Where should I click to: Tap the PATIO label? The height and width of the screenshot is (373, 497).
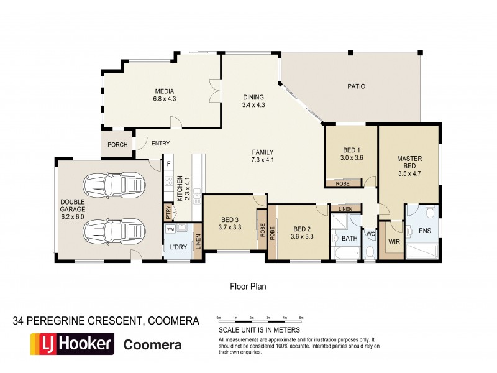pos(356,86)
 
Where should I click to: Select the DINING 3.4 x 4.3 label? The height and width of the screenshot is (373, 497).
pos(253,101)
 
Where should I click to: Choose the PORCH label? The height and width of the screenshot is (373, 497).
pos(117,145)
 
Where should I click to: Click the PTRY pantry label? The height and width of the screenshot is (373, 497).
pos(168,212)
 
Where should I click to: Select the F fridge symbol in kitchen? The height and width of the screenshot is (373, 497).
pos(168,165)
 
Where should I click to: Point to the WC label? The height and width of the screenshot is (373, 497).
pos(370,234)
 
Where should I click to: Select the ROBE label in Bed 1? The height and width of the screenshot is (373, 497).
pos(342,183)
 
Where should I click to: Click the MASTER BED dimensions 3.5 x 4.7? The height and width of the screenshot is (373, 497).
pos(409,174)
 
